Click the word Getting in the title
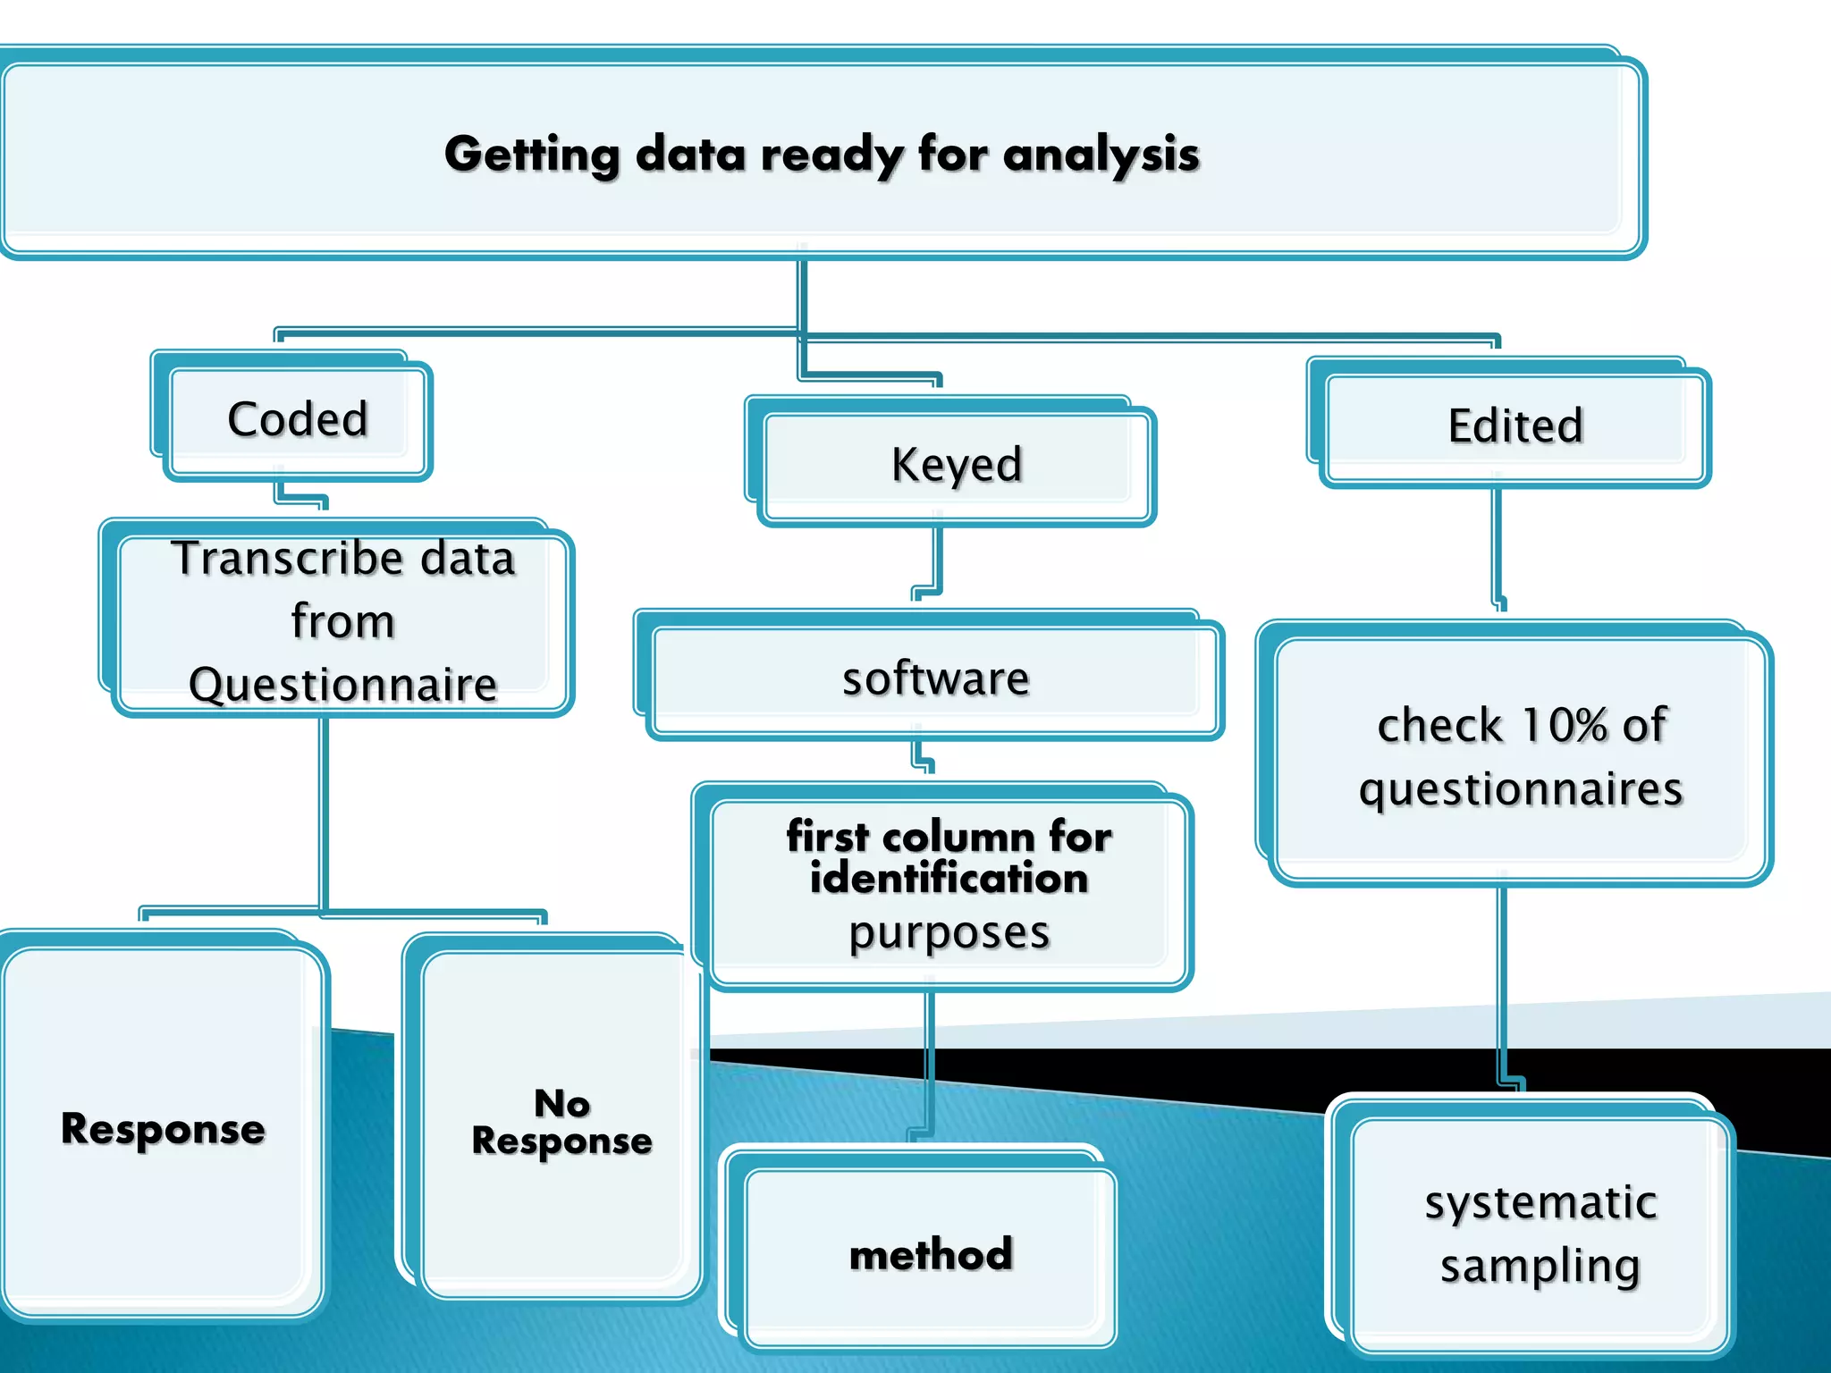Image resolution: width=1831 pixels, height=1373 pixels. (x=532, y=155)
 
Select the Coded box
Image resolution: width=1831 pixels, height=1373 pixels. (x=298, y=419)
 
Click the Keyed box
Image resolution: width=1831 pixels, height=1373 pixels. (x=956, y=465)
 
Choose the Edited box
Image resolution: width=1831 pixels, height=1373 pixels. (x=1515, y=426)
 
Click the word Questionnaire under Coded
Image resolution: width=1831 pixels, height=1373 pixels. (x=343, y=686)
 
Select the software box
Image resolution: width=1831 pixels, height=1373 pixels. (x=934, y=679)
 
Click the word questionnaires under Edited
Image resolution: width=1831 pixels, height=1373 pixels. (x=1521, y=790)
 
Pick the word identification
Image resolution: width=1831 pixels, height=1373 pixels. (x=949, y=879)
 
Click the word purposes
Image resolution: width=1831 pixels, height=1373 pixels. (x=949, y=933)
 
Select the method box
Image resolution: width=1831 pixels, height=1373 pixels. (x=931, y=1255)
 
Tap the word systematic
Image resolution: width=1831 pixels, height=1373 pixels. (x=1540, y=1203)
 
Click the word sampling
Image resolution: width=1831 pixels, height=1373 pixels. (x=1540, y=1267)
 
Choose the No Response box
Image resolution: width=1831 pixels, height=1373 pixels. (x=561, y=1123)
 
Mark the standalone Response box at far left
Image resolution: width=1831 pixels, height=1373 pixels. (x=163, y=1130)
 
